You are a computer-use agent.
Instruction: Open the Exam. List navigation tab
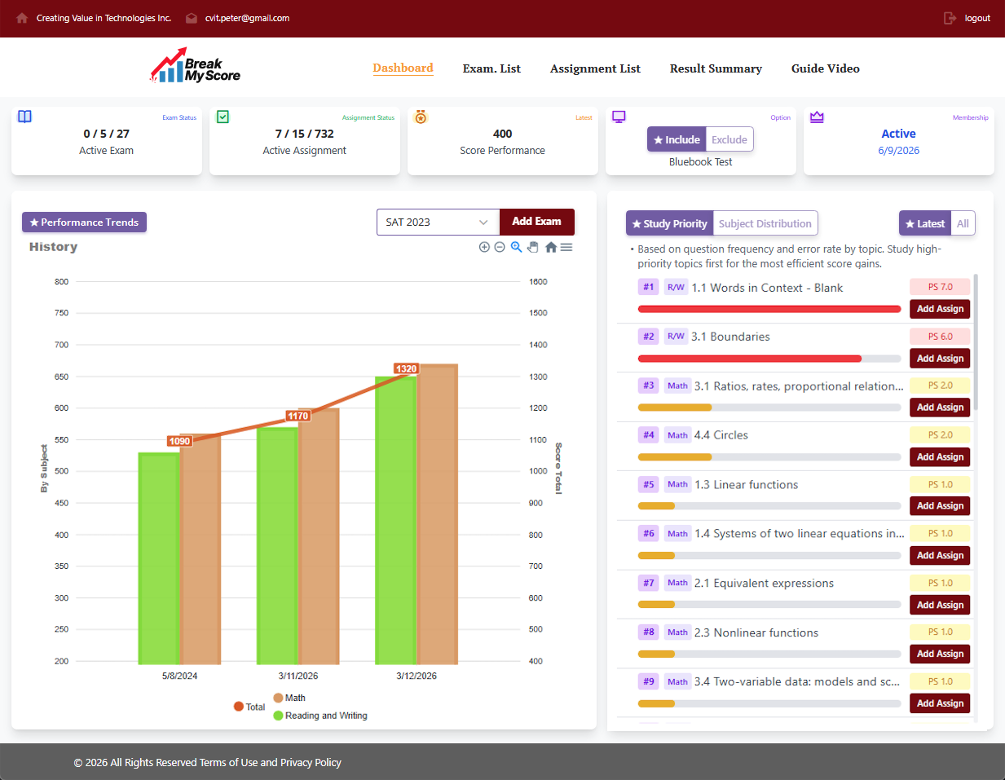click(x=491, y=68)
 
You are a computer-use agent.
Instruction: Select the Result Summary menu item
click(x=716, y=68)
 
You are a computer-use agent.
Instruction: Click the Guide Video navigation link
click(x=825, y=68)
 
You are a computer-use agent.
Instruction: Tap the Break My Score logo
click(x=196, y=67)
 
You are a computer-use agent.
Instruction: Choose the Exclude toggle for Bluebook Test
click(x=729, y=139)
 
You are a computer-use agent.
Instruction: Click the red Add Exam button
click(x=536, y=222)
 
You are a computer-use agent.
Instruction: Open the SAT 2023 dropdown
click(x=437, y=222)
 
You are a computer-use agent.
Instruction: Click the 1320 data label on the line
click(x=406, y=369)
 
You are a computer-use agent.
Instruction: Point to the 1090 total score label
click(x=179, y=441)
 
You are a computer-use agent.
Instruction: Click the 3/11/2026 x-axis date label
click(x=298, y=676)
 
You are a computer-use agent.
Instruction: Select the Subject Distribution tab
click(x=765, y=223)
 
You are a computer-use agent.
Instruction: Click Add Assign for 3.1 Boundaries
click(x=940, y=359)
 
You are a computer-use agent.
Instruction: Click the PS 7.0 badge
click(x=940, y=287)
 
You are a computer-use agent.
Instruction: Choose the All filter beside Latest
click(x=963, y=223)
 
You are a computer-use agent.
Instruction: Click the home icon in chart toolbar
click(x=551, y=247)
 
